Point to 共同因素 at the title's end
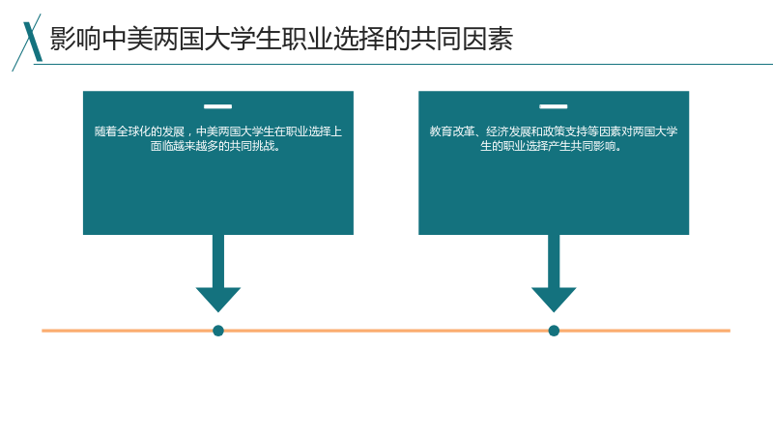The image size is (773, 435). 461,39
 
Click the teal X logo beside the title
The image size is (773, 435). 29,42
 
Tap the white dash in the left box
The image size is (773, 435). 218,106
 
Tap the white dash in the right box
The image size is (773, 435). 553,106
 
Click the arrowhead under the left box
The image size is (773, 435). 218,300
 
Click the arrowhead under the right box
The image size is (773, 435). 554,300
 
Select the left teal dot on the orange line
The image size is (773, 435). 218,331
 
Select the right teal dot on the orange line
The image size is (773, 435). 554,331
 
